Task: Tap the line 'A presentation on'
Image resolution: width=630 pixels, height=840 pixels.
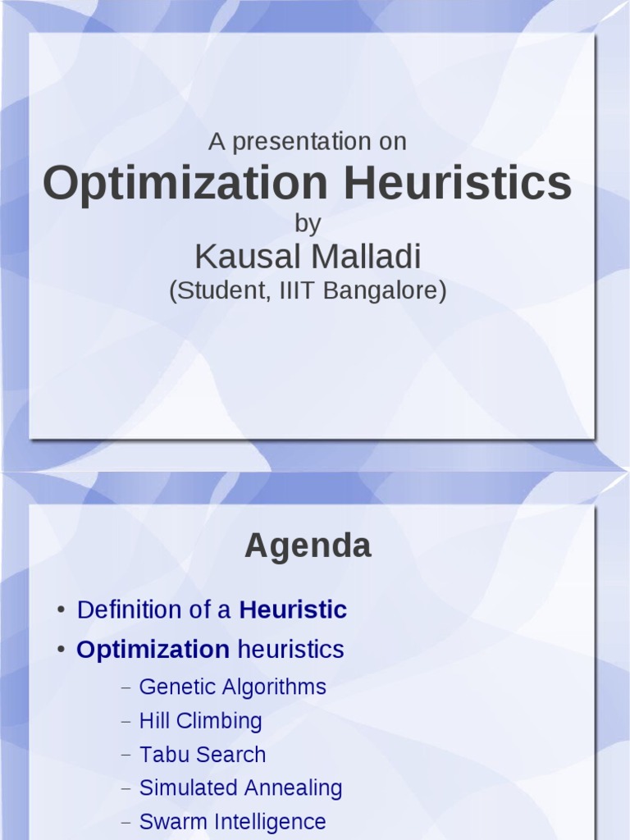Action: [x=308, y=142]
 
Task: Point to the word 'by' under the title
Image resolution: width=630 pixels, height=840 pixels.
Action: [x=308, y=223]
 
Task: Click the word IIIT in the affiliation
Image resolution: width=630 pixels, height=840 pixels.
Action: [x=291, y=290]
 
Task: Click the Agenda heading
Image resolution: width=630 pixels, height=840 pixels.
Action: [x=308, y=546]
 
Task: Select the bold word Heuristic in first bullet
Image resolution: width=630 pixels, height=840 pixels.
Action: [x=293, y=610]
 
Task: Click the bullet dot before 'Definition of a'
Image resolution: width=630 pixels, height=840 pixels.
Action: [x=62, y=611]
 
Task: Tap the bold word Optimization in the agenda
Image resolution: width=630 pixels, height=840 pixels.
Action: [x=153, y=650]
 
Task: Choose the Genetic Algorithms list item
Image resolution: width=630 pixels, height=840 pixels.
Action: [x=232, y=687]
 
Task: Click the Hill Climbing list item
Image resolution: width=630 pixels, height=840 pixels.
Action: [x=200, y=721]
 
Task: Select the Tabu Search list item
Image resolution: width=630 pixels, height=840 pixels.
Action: [x=203, y=755]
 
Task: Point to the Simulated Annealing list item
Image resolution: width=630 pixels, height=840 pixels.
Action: [x=240, y=788]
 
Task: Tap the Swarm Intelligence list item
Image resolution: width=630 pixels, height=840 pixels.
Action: [x=232, y=822]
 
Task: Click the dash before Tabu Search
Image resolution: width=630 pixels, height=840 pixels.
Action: [x=126, y=756]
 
